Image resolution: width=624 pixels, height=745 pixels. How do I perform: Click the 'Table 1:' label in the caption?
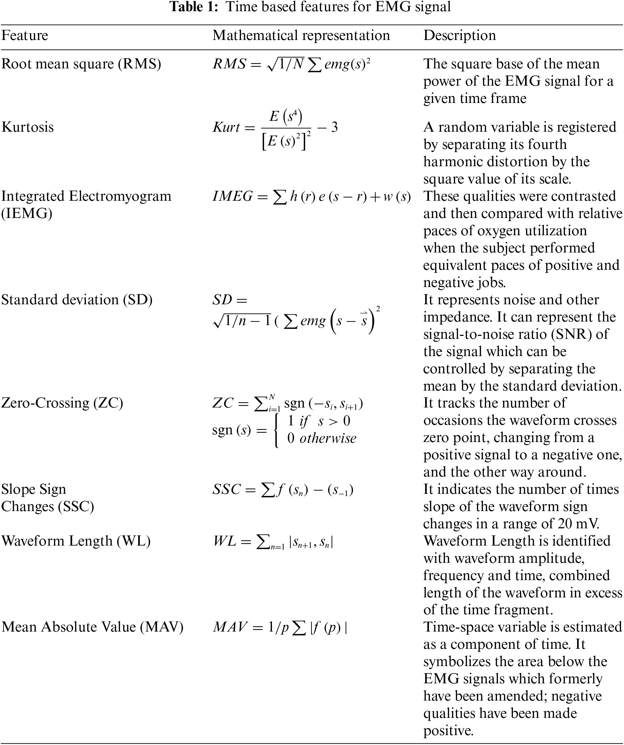click(x=194, y=7)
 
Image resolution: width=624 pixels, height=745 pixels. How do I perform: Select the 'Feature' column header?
click(x=25, y=35)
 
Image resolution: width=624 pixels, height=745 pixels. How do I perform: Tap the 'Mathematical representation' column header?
click(x=301, y=35)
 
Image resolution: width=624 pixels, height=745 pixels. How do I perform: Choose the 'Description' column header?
click(x=460, y=35)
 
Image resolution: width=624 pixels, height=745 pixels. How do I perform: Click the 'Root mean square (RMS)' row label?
click(x=81, y=64)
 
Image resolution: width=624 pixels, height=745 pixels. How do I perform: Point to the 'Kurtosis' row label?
click(x=28, y=127)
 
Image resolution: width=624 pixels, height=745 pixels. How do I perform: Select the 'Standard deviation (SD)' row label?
click(x=77, y=299)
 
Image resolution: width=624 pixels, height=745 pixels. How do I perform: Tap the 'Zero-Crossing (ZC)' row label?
click(x=62, y=403)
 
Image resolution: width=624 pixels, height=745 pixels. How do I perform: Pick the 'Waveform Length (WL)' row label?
click(x=76, y=541)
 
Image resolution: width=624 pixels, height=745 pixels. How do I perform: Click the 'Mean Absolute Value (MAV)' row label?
click(x=92, y=627)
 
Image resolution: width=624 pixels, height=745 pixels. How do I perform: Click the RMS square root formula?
click(x=291, y=64)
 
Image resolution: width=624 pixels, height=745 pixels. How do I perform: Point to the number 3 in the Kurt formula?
click(x=334, y=127)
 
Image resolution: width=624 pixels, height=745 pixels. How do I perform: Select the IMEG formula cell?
click(x=312, y=197)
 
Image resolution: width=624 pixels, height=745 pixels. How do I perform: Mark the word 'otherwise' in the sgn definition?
click(x=328, y=438)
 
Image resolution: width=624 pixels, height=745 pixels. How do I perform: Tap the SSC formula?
click(x=283, y=490)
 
